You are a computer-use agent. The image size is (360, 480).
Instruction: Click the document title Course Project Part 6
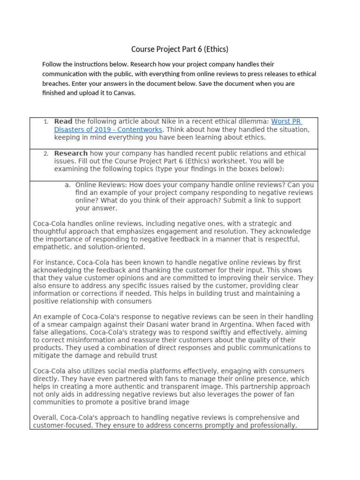pos(180,49)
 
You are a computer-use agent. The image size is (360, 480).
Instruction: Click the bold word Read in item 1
pos(63,122)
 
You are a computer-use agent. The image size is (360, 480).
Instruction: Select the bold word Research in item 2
pos(71,154)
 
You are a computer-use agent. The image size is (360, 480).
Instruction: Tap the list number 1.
pos(46,122)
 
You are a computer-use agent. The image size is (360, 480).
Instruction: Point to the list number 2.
pos(46,154)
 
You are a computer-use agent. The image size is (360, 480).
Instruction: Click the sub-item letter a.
pos(67,185)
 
